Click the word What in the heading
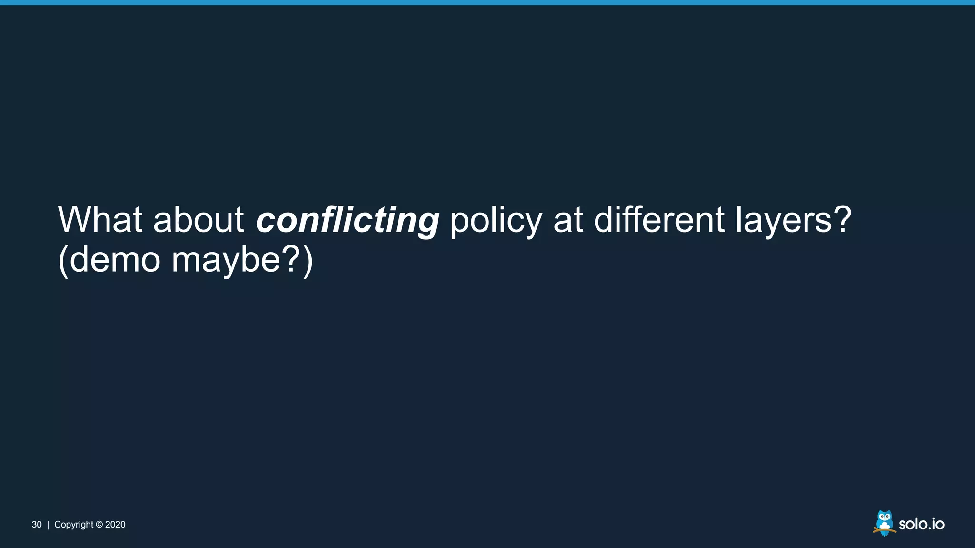click(x=100, y=220)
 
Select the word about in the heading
click(x=198, y=220)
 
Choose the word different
click(x=659, y=220)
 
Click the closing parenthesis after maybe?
click(x=308, y=260)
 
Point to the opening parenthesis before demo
click(x=63, y=260)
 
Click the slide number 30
click(x=37, y=525)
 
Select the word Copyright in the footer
click(x=74, y=525)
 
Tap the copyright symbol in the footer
click(x=99, y=525)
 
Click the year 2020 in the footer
click(x=115, y=525)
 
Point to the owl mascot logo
click(x=884, y=523)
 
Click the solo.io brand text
click(x=921, y=524)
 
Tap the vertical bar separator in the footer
click(x=48, y=525)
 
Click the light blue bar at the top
click(x=487, y=2)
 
